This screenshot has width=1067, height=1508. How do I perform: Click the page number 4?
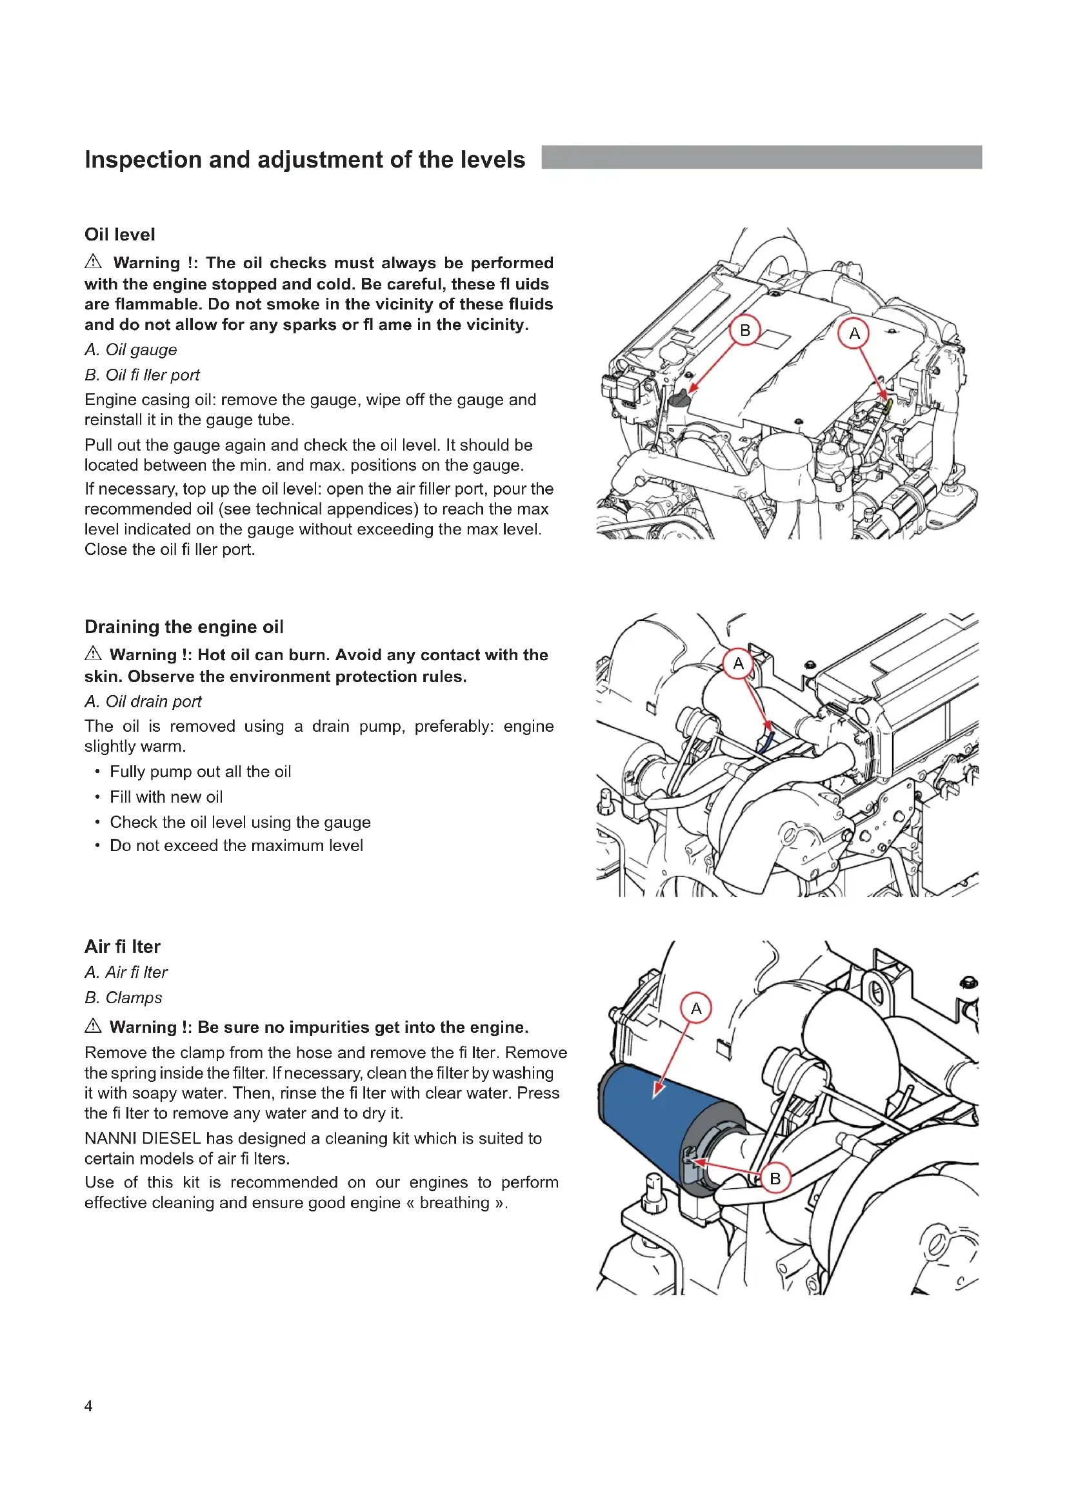click(x=88, y=1405)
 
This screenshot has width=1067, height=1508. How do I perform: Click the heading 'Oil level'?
click(x=119, y=235)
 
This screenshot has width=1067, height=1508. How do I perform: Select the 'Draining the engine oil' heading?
click(x=184, y=627)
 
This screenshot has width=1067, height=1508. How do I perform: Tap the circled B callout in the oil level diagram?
click(x=744, y=330)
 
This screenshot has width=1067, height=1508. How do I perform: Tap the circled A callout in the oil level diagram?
click(x=853, y=334)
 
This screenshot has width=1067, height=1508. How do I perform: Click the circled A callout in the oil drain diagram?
click(x=738, y=663)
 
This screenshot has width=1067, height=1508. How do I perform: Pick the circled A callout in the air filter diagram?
click(x=696, y=1008)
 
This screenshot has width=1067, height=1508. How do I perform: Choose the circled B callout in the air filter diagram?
click(x=775, y=1179)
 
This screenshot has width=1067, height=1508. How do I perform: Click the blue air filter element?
click(x=650, y=1117)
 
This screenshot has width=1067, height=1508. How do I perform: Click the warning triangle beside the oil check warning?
click(x=94, y=262)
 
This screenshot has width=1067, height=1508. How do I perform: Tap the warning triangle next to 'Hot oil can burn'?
click(x=94, y=654)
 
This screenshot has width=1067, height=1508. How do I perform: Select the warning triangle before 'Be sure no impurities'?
click(x=94, y=1026)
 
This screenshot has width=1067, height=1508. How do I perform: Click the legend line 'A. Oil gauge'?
click(x=131, y=350)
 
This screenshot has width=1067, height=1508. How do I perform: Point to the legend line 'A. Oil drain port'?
click(x=143, y=701)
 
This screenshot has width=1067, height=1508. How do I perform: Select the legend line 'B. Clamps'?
click(x=123, y=997)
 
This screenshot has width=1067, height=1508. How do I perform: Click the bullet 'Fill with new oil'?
click(x=166, y=797)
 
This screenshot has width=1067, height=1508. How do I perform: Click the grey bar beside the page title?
click(x=761, y=157)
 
